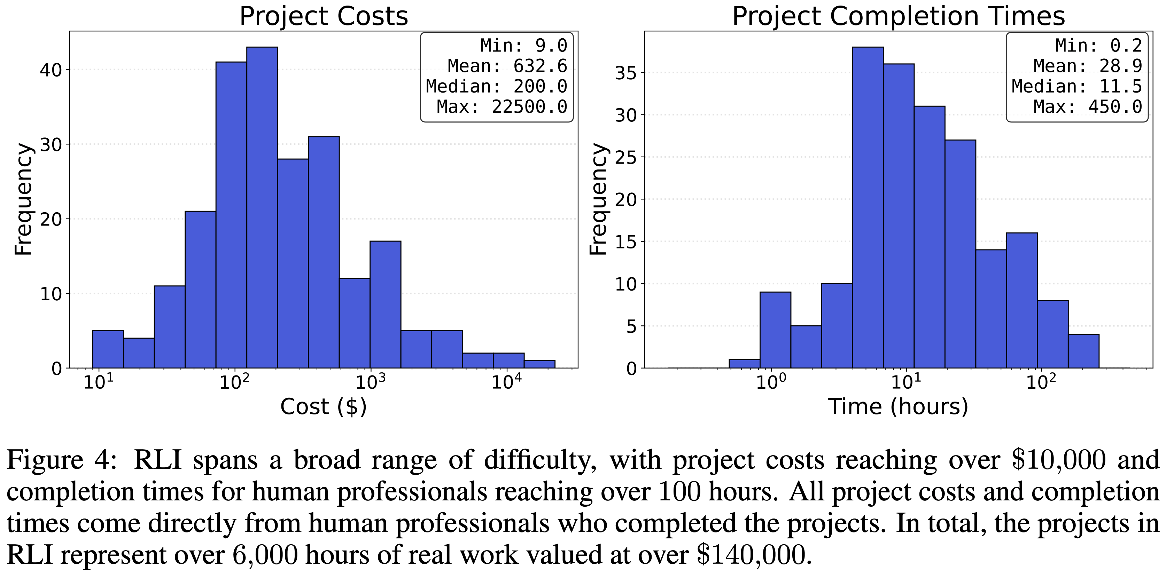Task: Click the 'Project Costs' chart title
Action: [324, 16]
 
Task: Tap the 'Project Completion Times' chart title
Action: [899, 16]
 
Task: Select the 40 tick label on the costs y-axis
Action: [51, 70]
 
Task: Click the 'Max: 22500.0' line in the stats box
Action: [502, 107]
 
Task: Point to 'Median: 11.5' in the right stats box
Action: [1077, 86]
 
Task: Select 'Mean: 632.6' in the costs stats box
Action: [507, 66]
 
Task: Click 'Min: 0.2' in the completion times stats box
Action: [1098, 46]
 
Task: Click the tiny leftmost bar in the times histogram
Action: [744, 364]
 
